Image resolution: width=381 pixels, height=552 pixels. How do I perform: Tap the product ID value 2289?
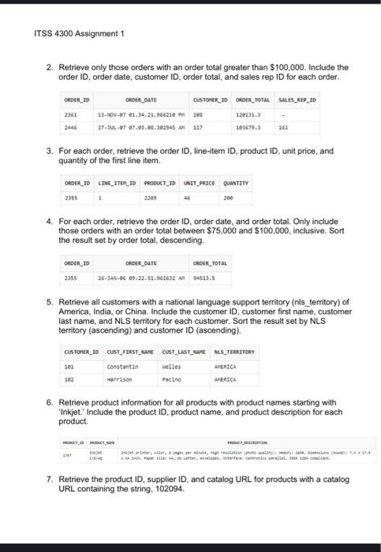(x=151, y=199)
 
